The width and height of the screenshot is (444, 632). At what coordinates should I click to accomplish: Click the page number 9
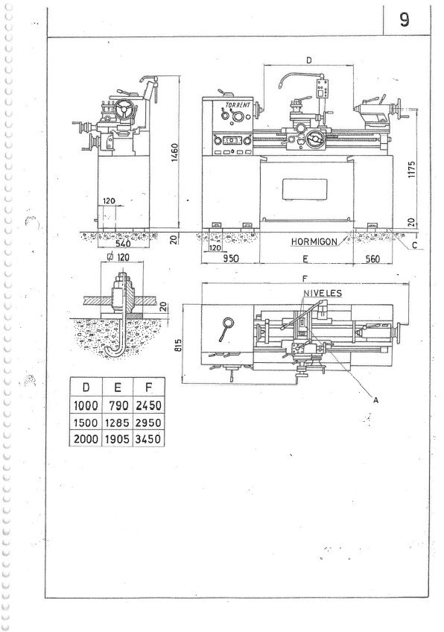pyautogui.click(x=405, y=19)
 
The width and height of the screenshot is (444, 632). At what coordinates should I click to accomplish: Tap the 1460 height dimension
pyautogui.click(x=174, y=153)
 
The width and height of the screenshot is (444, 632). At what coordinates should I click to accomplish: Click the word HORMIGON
pyautogui.click(x=314, y=241)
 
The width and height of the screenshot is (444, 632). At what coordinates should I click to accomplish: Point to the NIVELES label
pyautogui.click(x=323, y=293)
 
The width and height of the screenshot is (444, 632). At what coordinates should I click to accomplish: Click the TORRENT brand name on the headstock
pyautogui.click(x=238, y=106)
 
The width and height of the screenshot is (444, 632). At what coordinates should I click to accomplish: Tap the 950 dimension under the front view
pyautogui.click(x=231, y=258)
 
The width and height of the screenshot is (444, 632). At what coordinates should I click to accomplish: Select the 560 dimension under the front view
pyautogui.click(x=372, y=259)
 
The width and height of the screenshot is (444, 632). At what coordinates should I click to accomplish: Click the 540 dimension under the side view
pyautogui.click(x=123, y=244)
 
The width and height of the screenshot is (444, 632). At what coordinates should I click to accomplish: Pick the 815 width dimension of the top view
pyautogui.click(x=179, y=344)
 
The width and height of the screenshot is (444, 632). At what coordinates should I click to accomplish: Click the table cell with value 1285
pyautogui.click(x=117, y=423)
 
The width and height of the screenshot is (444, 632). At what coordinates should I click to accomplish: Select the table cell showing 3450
pyautogui.click(x=148, y=438)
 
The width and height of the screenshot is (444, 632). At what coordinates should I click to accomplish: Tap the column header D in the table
pyautogui.click(x=86, y=388)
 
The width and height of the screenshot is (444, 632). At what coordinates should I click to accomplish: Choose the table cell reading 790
pyautogui.click(x=117, y=406)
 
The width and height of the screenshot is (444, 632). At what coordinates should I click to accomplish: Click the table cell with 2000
pyautogui.click(x=86, y=438)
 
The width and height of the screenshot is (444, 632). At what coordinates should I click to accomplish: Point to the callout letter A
pyautogui.click(x=376, y=400)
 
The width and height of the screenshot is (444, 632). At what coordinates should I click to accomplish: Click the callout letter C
pyautogui.click(x=415, y=244)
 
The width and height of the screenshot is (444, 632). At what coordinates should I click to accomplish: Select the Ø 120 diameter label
pyautogui.click(x=118, y=256)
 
